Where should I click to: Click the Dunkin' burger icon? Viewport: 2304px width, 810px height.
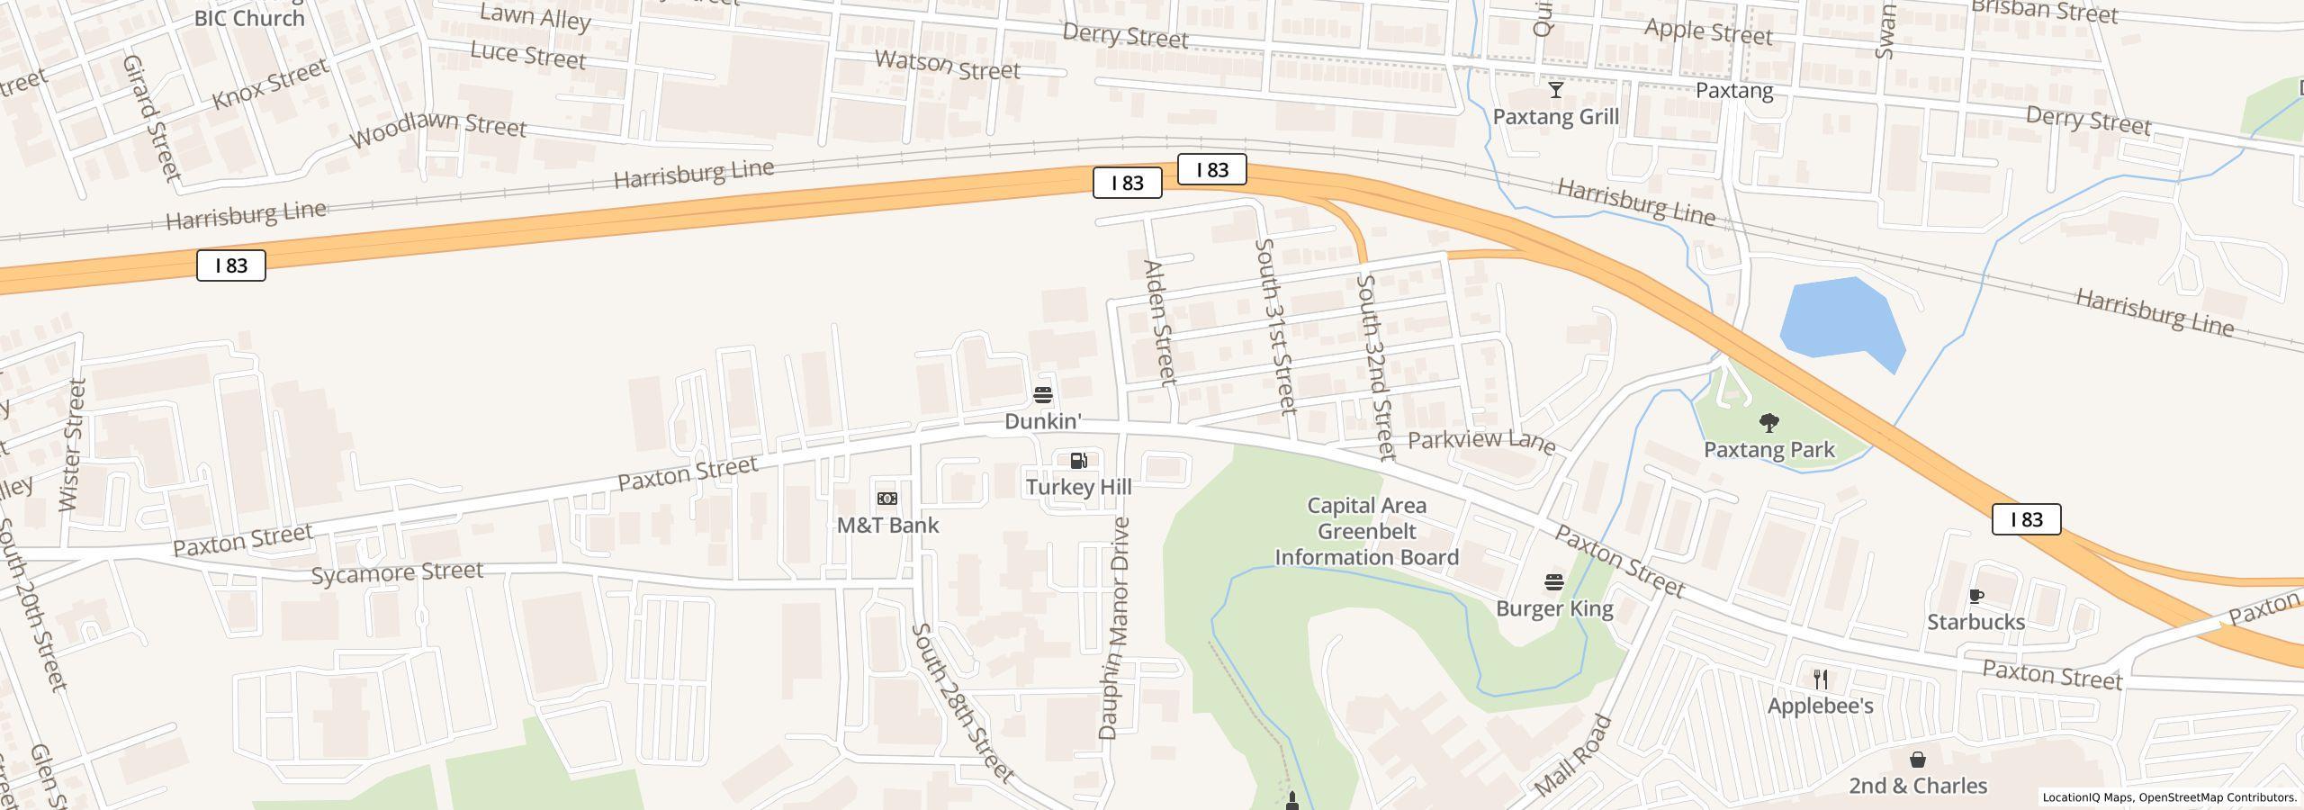click(1042, 395)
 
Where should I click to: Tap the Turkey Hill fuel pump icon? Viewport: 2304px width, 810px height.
click(1078, 461)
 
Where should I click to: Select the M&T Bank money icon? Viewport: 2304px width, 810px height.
click(886, 499)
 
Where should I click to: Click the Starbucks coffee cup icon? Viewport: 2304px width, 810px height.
click(1975, 596)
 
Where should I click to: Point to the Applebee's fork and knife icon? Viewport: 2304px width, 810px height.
click(1820, 679)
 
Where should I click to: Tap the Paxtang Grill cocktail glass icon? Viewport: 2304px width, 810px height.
click(1555, 90)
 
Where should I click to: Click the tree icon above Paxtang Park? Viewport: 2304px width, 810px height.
click(1768, 423)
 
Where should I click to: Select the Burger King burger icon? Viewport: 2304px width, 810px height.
click(1554, 582)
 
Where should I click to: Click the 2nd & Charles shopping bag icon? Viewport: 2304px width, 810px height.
click(1917, 760)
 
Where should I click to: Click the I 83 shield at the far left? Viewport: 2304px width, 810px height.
click(231, 265)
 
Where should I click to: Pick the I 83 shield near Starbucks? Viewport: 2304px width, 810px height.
click(2026, 519)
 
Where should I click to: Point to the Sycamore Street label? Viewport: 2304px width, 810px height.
click(397, 572)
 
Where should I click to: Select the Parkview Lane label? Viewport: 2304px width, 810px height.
click(1480, 441)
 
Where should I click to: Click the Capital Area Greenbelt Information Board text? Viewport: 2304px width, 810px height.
click(1366, 532)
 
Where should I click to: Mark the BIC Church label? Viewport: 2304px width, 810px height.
click(249, 18)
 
